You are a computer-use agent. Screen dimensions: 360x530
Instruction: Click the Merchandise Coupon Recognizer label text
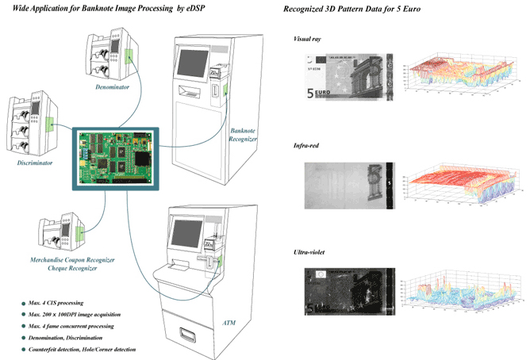(75, 259)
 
